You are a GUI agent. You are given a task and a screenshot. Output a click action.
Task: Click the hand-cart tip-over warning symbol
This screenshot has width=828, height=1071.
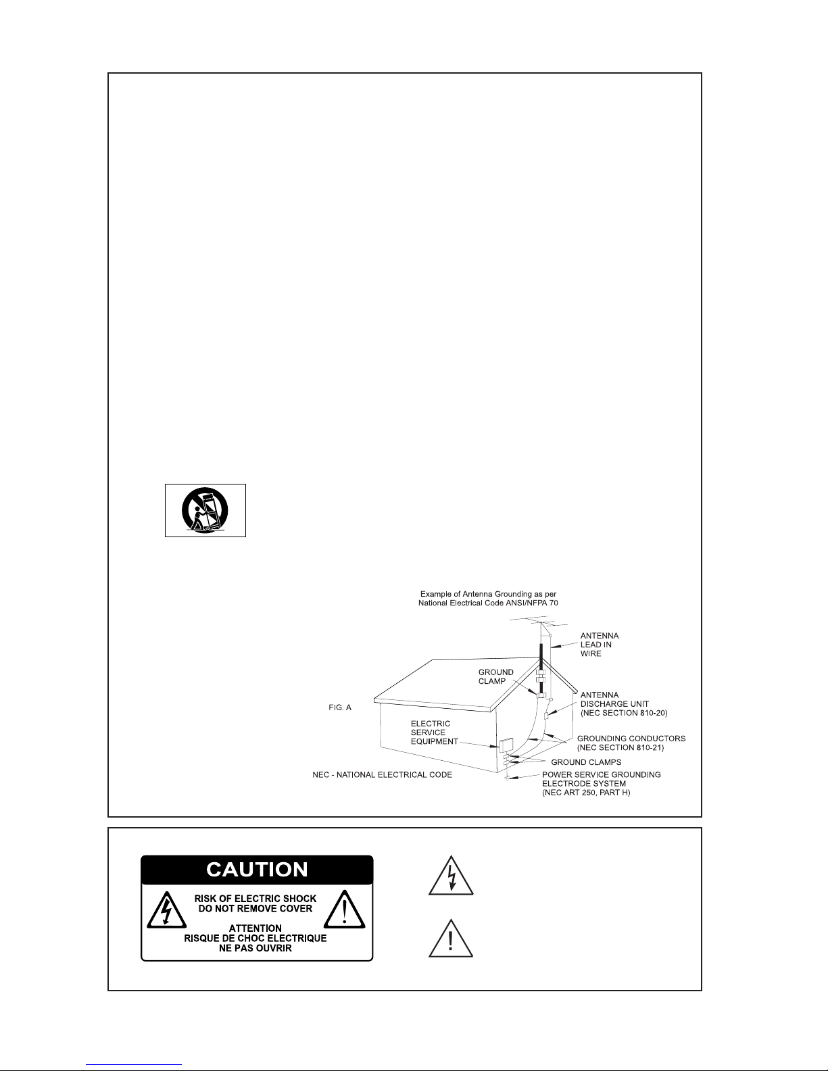pos(205,510)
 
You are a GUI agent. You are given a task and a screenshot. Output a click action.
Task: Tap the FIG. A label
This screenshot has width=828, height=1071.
pos(340,707)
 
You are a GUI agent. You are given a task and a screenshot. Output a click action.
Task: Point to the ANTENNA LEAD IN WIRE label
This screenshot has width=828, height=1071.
pos(600,645)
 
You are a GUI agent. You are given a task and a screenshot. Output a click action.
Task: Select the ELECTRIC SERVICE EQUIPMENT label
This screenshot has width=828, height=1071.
pos(434,732)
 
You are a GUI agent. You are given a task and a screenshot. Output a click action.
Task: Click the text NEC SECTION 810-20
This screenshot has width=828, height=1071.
pos(624,713)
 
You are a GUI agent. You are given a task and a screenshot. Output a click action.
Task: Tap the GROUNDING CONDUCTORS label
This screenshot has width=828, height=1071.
pos(631,739)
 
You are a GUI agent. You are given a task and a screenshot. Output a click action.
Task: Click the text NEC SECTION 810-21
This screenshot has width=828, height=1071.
pos(620,748)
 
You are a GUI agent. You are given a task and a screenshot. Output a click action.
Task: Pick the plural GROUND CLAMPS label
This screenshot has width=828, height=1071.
pos(586,762)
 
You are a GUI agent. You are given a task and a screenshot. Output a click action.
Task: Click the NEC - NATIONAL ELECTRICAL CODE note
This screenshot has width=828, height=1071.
pos(382,775)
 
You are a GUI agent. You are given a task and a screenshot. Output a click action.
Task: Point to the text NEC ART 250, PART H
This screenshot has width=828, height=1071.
pos(587,793)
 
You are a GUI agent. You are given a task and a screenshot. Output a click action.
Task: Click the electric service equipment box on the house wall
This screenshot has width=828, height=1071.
pos(506,745)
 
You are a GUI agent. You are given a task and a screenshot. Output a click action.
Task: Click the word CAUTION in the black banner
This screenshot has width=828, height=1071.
pos(257,870)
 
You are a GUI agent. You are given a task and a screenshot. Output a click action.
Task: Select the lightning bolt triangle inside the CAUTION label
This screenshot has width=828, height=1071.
pos(166,910)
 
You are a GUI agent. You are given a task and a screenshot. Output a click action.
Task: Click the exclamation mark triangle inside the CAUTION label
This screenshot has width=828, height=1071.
pos(345,910)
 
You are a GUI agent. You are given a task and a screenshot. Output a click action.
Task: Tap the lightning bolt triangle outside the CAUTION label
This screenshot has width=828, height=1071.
pos(451,876)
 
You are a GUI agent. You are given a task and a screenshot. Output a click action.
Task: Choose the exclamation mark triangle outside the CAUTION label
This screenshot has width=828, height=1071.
pos(451,939)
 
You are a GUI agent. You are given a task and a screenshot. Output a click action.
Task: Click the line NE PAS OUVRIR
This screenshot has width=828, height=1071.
pos(255,948)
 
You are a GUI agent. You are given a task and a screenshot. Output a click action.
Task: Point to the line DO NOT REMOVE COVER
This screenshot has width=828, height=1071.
pos(255,908)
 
